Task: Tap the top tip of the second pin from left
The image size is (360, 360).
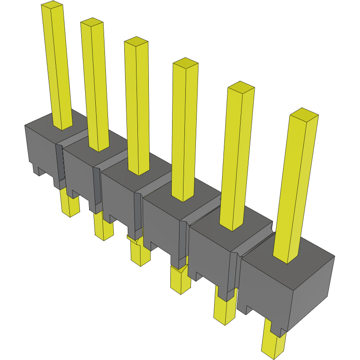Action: click(92, 22)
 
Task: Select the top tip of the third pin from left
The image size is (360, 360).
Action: click(136, 41)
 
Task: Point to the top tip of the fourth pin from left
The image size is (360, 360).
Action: click(185, 62)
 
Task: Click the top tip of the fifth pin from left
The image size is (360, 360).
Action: click(241, 86)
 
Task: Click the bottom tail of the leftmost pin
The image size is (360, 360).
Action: click(69, 206)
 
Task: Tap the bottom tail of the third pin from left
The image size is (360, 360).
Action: click(140, 255)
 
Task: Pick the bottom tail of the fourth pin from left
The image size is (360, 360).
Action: click(180, 281)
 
